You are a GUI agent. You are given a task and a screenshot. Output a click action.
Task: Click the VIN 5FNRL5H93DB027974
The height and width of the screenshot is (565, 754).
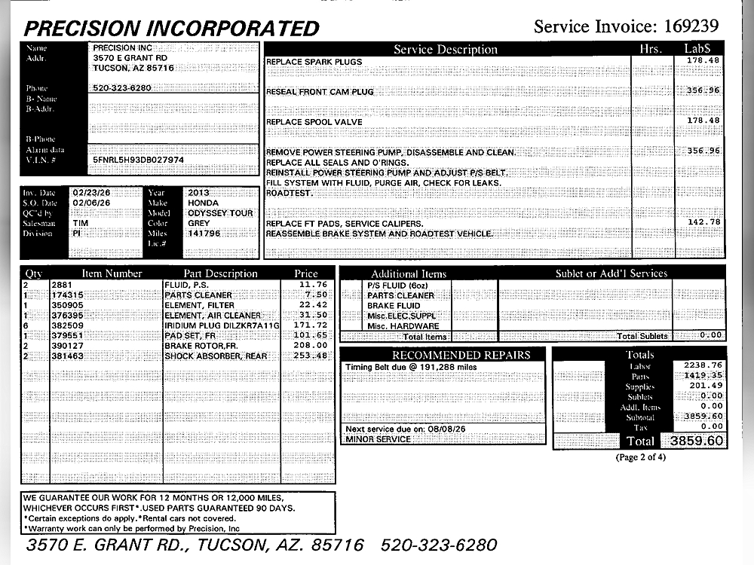(138, 160)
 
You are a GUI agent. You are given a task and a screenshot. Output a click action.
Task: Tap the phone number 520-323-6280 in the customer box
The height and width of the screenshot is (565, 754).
(121, 87)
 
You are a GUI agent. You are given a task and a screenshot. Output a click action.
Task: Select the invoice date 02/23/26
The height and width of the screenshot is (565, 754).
(91, 192)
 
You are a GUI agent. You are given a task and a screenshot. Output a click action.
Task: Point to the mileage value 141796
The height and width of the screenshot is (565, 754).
(204, 234)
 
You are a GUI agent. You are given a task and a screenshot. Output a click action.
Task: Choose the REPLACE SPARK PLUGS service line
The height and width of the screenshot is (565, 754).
(314, 62)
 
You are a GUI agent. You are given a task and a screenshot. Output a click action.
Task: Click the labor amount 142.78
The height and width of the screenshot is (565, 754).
(703, 222)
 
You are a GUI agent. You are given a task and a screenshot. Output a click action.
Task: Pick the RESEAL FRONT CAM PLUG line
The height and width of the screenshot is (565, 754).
(320, 92)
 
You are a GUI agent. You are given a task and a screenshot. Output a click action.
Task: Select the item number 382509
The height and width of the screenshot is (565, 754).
(67, 325)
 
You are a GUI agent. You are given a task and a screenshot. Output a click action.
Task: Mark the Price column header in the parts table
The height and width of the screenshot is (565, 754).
(306, 273)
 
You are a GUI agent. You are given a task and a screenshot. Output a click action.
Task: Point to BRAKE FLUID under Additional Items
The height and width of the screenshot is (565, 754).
(394, 306)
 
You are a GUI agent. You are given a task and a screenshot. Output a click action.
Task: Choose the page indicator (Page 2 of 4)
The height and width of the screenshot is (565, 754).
(640, 457)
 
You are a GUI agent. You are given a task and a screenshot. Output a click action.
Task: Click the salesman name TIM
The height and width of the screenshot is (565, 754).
(80, 224)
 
